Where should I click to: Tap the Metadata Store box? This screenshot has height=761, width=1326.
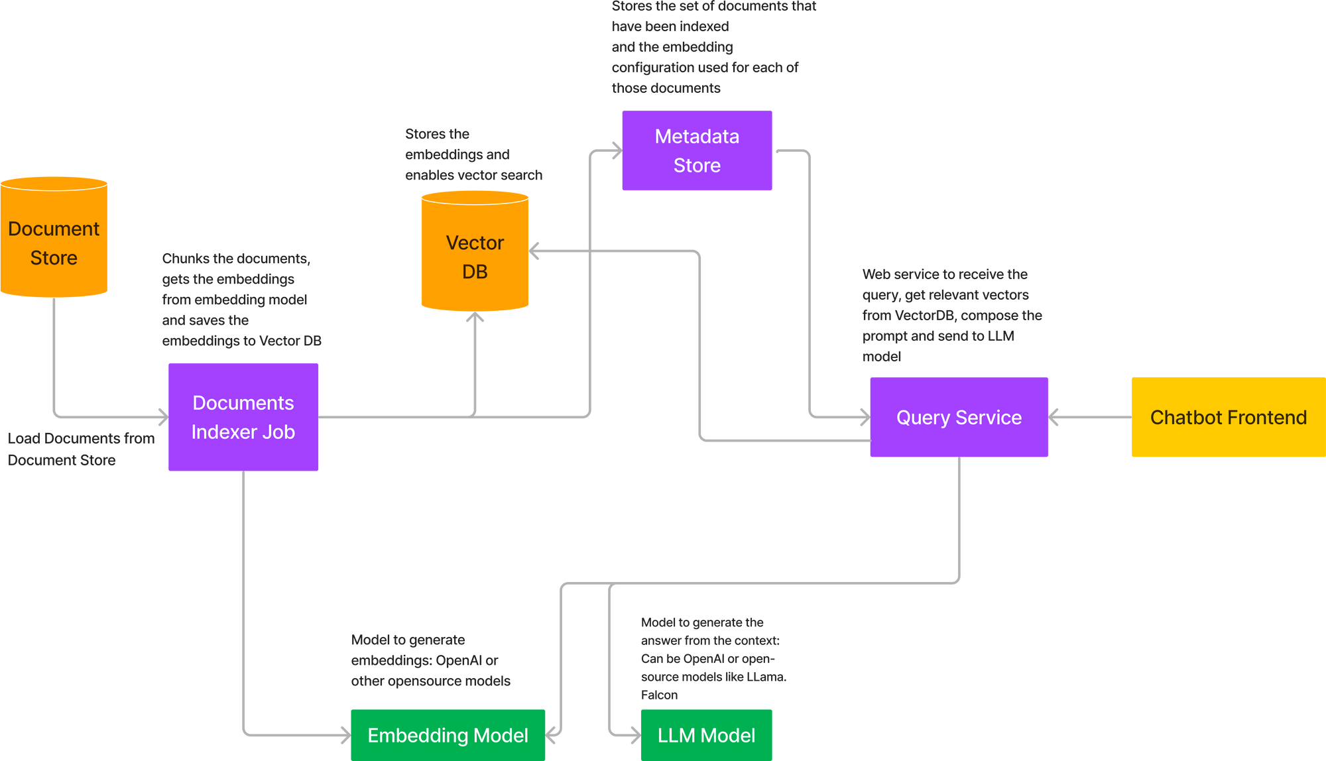697,150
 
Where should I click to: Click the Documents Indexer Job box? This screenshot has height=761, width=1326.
243,417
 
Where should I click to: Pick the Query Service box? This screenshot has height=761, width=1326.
959,417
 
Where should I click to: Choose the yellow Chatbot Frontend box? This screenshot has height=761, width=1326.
1227,417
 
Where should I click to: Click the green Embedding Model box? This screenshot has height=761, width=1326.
448,734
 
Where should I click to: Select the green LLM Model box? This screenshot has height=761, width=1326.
706,734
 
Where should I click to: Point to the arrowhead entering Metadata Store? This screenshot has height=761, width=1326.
615,151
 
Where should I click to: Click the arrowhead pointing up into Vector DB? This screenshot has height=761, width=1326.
475,318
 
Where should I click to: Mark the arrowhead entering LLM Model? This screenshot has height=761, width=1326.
634,734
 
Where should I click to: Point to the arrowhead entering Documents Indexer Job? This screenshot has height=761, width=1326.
162,417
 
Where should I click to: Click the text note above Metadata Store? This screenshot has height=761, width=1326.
713,46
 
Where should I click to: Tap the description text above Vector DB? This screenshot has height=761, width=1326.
473,154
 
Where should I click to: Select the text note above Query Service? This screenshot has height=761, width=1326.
951,315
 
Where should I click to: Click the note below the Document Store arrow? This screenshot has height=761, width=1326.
80,449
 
